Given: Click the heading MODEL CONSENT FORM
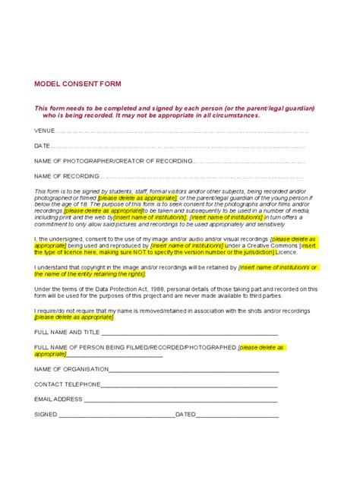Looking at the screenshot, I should (x=77, y=84).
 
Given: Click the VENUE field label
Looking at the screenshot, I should (x=45, y=131).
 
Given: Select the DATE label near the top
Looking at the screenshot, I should (x=43, y=146).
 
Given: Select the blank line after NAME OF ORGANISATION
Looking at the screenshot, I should (x=194, y=369).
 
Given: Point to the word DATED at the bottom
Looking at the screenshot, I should (x=185, y=414).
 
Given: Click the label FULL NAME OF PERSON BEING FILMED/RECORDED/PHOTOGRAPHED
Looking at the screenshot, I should (x=135, y=347).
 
